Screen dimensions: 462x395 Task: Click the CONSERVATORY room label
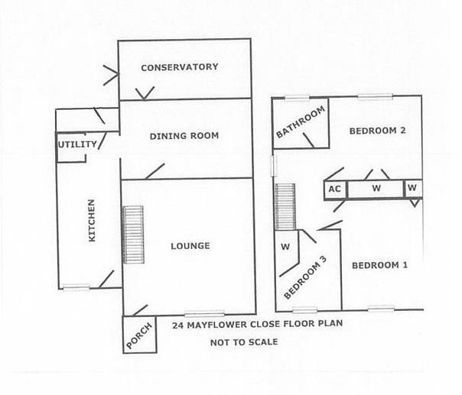pos(180,67)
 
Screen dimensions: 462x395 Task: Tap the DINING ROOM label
pos(184,136)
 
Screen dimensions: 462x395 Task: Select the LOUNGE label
pos(190,246)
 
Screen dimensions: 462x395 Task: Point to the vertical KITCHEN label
pos(92,221)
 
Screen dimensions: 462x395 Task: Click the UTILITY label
pos(77,144)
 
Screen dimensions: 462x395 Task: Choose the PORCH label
pos(140,335)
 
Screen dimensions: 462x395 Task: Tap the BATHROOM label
pos(301,122)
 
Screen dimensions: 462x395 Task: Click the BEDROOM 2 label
pos(377,131)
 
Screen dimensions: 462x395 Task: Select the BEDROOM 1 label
pos(379,265)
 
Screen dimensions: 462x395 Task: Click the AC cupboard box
pos(334,188)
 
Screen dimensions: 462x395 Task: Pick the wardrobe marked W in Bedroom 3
pos(285,247)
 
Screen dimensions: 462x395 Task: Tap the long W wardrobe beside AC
pos(376,188)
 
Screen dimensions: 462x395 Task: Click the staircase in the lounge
pos(133,235)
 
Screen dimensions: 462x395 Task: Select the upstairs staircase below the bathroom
pos(285,206)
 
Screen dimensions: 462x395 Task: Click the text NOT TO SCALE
pos(244,342)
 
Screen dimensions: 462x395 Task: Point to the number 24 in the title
pos(177,325)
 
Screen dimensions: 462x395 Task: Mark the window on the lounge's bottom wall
pos(205,313)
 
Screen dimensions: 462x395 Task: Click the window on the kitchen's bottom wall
pos(76,288)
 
